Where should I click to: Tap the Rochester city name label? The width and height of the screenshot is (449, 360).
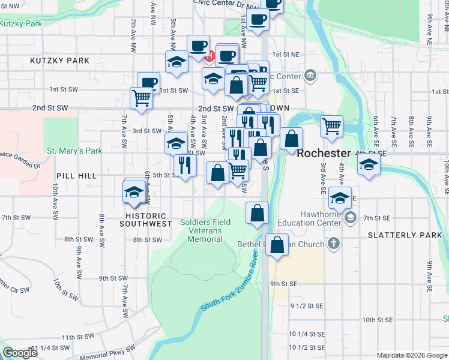tap(324, 153)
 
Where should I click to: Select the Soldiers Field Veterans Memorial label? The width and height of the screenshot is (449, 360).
tap(205, 230)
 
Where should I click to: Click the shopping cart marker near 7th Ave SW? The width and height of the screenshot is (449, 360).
tap(141, 97)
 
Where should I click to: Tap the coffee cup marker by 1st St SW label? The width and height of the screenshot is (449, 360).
tap(149, 82)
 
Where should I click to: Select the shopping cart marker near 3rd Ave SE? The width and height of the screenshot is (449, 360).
tap(331, 125)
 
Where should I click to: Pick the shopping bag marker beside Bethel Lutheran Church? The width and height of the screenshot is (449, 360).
tap(277, 245)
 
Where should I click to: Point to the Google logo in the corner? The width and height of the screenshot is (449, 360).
tap(20, 353)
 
